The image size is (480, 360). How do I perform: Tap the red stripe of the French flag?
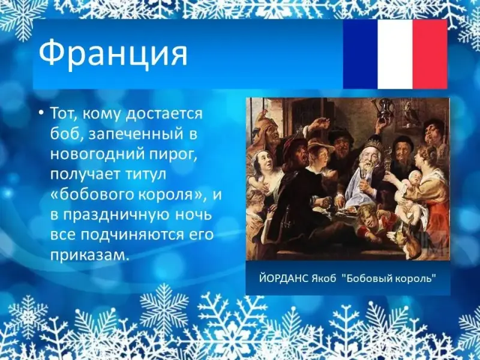pyautogui.click(x=430, y=54)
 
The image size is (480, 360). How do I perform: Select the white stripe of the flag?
pyautogui.click(x=395, y=54)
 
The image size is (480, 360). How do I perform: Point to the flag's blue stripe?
pyautogui.click(x=361, y=54)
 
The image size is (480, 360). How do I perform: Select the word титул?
pyautogui.click(x=146, y=175)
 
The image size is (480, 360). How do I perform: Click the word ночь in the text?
pyautogui.click(x=193, y=215)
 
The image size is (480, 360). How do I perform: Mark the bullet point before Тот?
pyautogui.click(x=41, y=114)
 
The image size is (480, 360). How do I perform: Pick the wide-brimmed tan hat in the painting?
pyautogui.click(x=321, y=145)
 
